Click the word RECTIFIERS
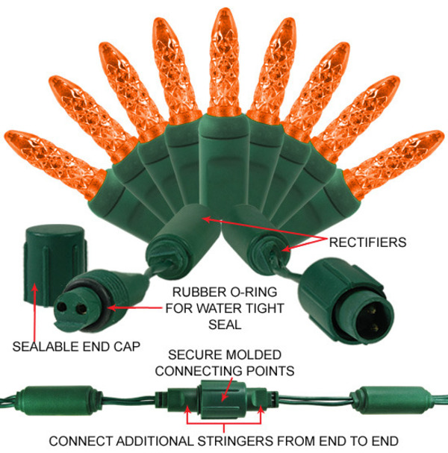click(x=367, y=242)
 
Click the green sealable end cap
click(x=55, y=264)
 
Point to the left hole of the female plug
click(x=61, y=307)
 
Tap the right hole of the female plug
click(x=81, y=309)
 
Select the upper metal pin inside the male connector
click(x=373, y=311)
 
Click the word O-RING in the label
click(x=249, y=292)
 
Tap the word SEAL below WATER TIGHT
click(x=225, y=325)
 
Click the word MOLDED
click(x=254, y=354)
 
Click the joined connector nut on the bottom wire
click(x=223, y=399)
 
